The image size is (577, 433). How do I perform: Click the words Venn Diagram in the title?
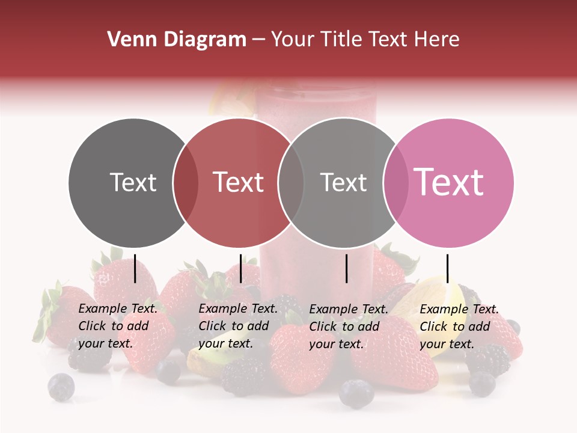(x=177, y=40)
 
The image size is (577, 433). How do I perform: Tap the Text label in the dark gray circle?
(x=133, y=182)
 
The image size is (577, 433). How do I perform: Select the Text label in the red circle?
(x=239, y=182)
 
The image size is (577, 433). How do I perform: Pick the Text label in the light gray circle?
(x=343, y=182)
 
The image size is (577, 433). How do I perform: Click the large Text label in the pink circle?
(x=449, y=182)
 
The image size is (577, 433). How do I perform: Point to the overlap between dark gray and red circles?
(x=186, y=183)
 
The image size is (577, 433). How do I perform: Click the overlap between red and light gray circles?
(x=291, y=183)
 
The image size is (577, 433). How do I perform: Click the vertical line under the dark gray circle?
(x=135, y=268)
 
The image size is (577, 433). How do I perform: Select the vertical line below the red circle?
(x=240, y=268)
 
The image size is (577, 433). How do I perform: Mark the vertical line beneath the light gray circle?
(x=346, y=268)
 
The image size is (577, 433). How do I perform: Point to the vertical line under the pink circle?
(x=447, y=268)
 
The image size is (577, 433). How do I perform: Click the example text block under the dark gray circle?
(x=117, y=326)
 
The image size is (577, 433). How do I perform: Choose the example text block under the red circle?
(x=237, y=326)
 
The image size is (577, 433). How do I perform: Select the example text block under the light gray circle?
(x=348, y=327)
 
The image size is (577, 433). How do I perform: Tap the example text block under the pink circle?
(x=459, y=327)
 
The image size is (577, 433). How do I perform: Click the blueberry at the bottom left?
(x=61, y=387)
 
